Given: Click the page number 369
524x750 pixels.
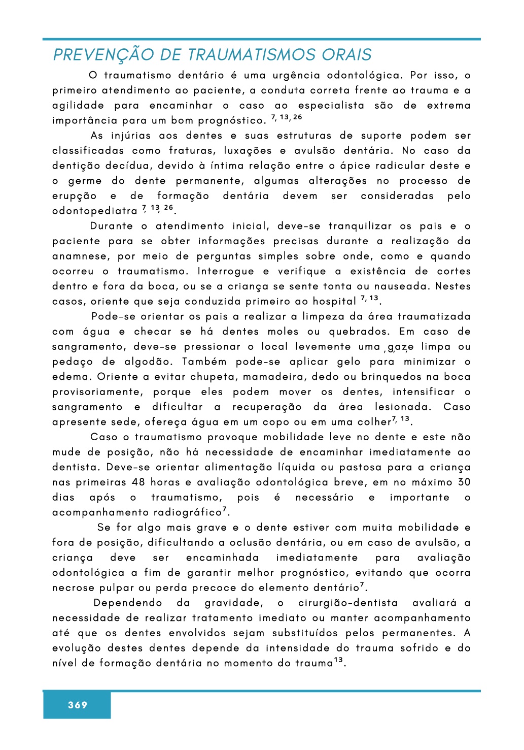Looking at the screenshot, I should coord(78,705).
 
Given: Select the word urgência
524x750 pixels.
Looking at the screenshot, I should coord(296,76).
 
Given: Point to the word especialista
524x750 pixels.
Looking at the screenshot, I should coord(331,106).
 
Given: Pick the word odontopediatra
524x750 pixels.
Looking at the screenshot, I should coord(95,211).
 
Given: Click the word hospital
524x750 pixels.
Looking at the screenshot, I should coord(334,302).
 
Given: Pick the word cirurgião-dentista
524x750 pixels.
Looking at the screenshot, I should coord(348,603).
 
